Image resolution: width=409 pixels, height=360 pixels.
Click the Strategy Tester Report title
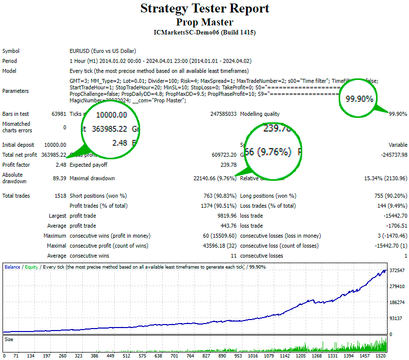tap(204, 8)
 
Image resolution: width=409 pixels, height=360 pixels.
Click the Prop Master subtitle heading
tap(204, 22)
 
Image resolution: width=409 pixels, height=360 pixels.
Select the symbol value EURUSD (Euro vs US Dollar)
tap(103, 51)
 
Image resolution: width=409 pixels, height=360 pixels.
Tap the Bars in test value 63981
tap(58, 114)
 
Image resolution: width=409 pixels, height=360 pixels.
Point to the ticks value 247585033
tap(223, 114)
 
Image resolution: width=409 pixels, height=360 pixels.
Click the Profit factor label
tap(16, 165)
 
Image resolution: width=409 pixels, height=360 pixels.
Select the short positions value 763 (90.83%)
tap(215, 196)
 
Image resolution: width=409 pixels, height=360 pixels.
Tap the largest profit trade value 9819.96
tap(225, 216)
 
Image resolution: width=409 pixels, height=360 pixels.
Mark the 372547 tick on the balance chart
tap(398, 270)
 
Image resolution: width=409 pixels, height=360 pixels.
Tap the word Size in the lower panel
tap(9, 340)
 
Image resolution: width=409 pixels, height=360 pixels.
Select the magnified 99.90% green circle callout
tap(359, 98)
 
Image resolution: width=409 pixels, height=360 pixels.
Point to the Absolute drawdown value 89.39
tap(59, 178)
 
